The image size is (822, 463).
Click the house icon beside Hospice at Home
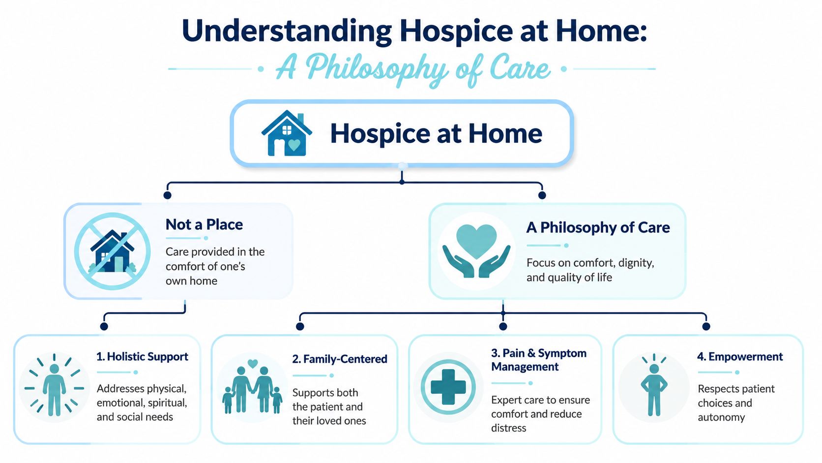287,133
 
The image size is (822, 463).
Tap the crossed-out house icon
112,251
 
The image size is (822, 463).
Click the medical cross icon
448,387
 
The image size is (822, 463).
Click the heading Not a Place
204,224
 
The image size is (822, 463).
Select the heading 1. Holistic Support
142,357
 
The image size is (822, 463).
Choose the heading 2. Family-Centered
339,359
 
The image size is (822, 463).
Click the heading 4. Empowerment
740,357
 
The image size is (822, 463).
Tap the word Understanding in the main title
287,31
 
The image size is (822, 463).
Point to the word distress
509,428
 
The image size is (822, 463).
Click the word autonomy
721,417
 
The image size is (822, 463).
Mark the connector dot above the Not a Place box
167,195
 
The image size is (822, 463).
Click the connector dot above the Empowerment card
706,326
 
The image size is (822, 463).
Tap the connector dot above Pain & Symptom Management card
503,326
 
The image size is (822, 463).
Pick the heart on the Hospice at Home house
294,145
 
